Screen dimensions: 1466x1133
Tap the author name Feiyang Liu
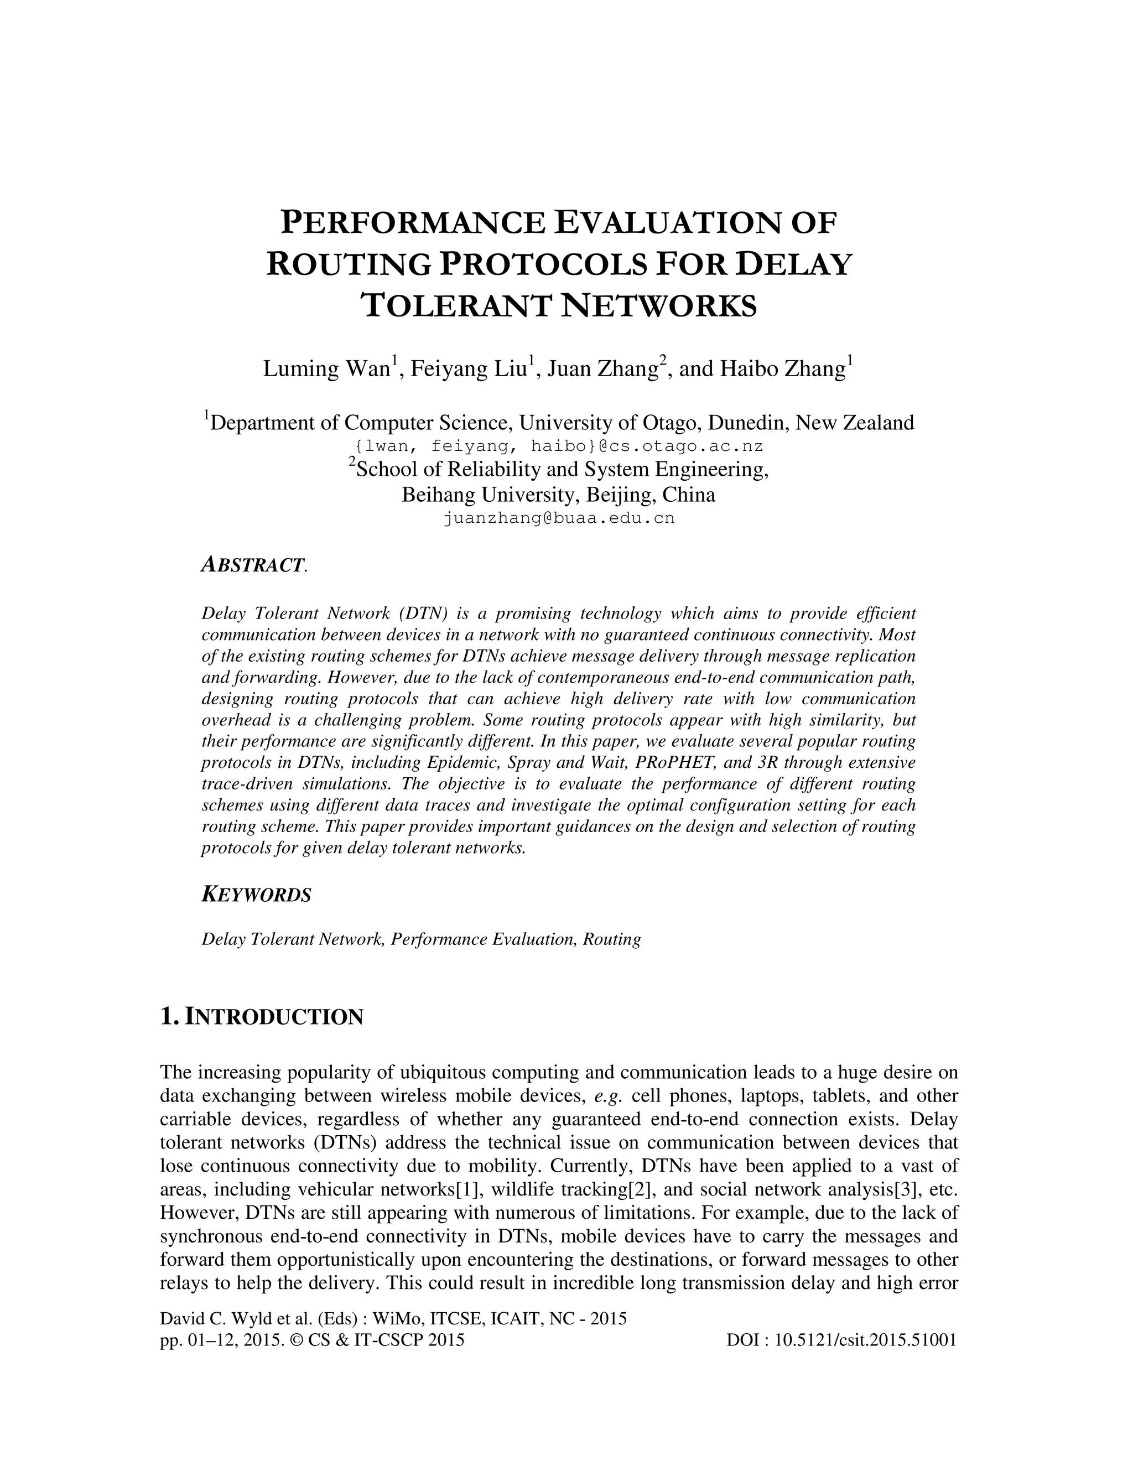(469, 369)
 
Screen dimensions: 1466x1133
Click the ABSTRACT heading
(253, 565)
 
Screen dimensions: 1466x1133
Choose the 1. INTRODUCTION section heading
(262, 1017)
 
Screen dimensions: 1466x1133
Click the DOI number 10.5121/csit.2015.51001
(865, 1341)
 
